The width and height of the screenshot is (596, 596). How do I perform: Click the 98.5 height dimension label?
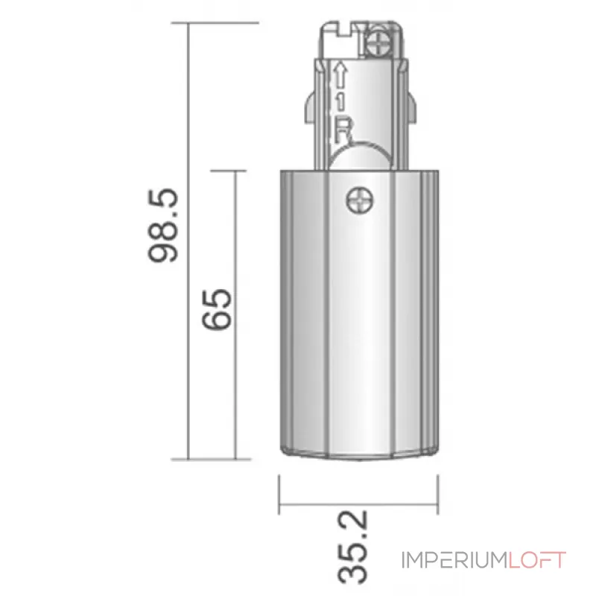162,226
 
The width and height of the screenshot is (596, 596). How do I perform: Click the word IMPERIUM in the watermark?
454,560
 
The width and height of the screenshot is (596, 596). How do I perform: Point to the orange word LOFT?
537,560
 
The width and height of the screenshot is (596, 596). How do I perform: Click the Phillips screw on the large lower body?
359,199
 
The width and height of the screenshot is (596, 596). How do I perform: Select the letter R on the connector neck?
341,130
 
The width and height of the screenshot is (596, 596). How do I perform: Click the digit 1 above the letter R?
340,101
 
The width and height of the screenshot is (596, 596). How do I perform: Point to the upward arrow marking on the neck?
340,74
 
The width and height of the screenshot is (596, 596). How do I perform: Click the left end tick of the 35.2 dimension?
279,492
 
